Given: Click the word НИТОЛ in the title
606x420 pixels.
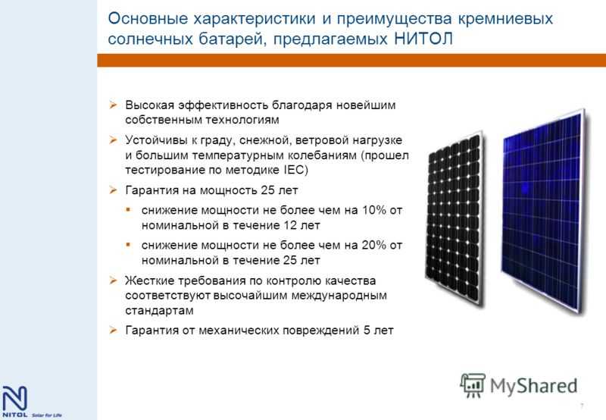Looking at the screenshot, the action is click(423, 39).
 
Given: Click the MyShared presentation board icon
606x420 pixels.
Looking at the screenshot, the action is click(472, 385).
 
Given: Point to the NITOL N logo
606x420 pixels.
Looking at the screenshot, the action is click(14, 398).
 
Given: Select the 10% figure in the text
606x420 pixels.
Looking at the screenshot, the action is click(374, 210).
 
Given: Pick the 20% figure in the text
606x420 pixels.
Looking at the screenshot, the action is click(374, 245).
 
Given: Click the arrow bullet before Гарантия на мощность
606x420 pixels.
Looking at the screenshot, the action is click(113, 190).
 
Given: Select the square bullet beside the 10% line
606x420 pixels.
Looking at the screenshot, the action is click(128, 210).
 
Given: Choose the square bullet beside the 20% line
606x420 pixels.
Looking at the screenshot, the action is click(128, 245).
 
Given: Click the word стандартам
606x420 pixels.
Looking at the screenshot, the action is click(159, 311).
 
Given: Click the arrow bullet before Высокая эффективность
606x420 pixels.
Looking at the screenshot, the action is click(113, 105).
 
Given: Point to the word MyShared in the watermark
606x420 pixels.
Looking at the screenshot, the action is click(533, 387).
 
